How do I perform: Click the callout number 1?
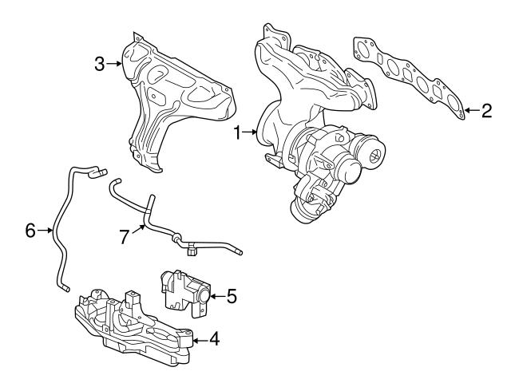pos(237,133)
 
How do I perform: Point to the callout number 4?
pos(213,338)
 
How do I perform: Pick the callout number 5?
pos(232,296)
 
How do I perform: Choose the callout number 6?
pos(30,231)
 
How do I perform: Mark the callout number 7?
pos(124,237)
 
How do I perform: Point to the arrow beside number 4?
pos(199,338)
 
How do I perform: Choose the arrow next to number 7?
pos(138,230)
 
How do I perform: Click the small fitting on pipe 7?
pos(192,252)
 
